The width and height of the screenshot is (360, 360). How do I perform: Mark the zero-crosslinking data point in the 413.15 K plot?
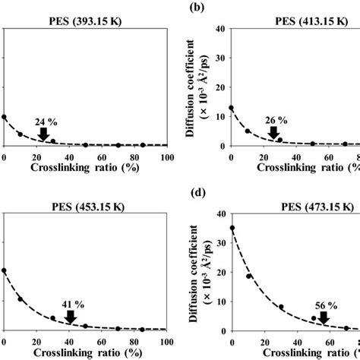(x=232, y=108)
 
